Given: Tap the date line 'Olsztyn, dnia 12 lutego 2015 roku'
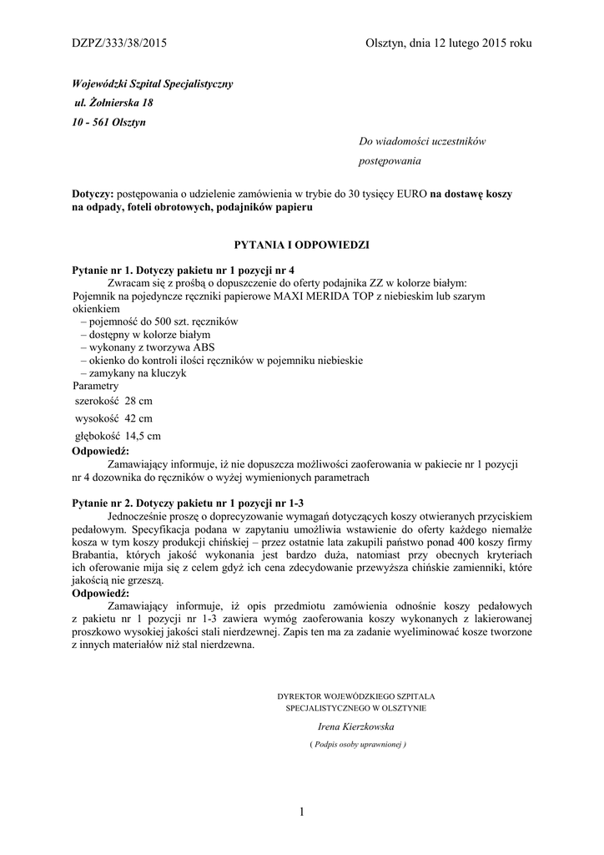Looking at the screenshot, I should click(x=448, y=43).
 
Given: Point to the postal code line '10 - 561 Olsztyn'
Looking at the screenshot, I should click(x=109, y=121).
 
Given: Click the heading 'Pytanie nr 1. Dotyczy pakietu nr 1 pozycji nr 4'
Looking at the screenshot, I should click(x=184, y=271).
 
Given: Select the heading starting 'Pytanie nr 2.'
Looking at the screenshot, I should click(x=188, y=503).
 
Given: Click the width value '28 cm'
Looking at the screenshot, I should click(x=138, y=402).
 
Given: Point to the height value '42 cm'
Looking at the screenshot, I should click(x=138, y=417).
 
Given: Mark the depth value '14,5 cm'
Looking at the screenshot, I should click(x=141, y=435).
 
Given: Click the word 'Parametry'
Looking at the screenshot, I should click(x=95, y=387).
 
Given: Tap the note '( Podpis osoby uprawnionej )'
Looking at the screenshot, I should click(x=357, y=743).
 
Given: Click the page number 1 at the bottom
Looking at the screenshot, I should click(x=301, y=811).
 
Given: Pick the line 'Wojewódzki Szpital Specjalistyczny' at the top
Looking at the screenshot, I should click(x=152, y=84).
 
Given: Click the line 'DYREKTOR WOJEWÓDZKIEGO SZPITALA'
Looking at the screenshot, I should click(x=356, y=696).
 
